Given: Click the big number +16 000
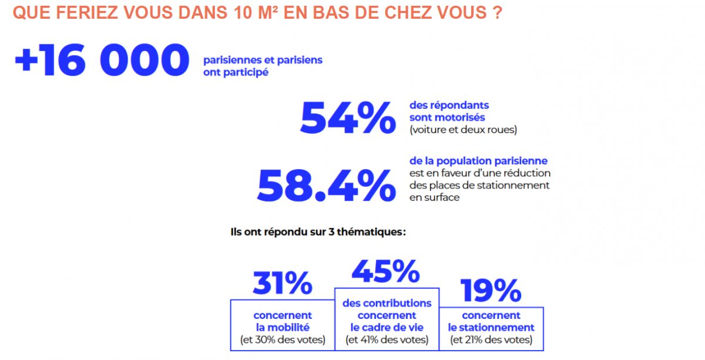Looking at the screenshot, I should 102,61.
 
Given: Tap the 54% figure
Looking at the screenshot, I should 347,117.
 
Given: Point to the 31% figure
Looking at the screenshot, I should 282,283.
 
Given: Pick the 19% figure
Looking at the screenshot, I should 491,290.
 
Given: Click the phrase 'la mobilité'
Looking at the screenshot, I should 283,328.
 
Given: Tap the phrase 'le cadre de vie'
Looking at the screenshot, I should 387,328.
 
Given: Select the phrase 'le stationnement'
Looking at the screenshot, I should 491,328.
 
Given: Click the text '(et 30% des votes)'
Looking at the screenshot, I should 283,340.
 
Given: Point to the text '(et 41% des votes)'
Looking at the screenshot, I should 387,340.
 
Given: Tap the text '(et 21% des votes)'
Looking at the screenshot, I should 491,340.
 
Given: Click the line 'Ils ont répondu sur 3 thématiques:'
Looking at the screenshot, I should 318,232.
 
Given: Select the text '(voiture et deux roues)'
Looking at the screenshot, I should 463,130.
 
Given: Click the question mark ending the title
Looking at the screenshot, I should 497,13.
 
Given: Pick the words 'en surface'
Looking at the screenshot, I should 435,197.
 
